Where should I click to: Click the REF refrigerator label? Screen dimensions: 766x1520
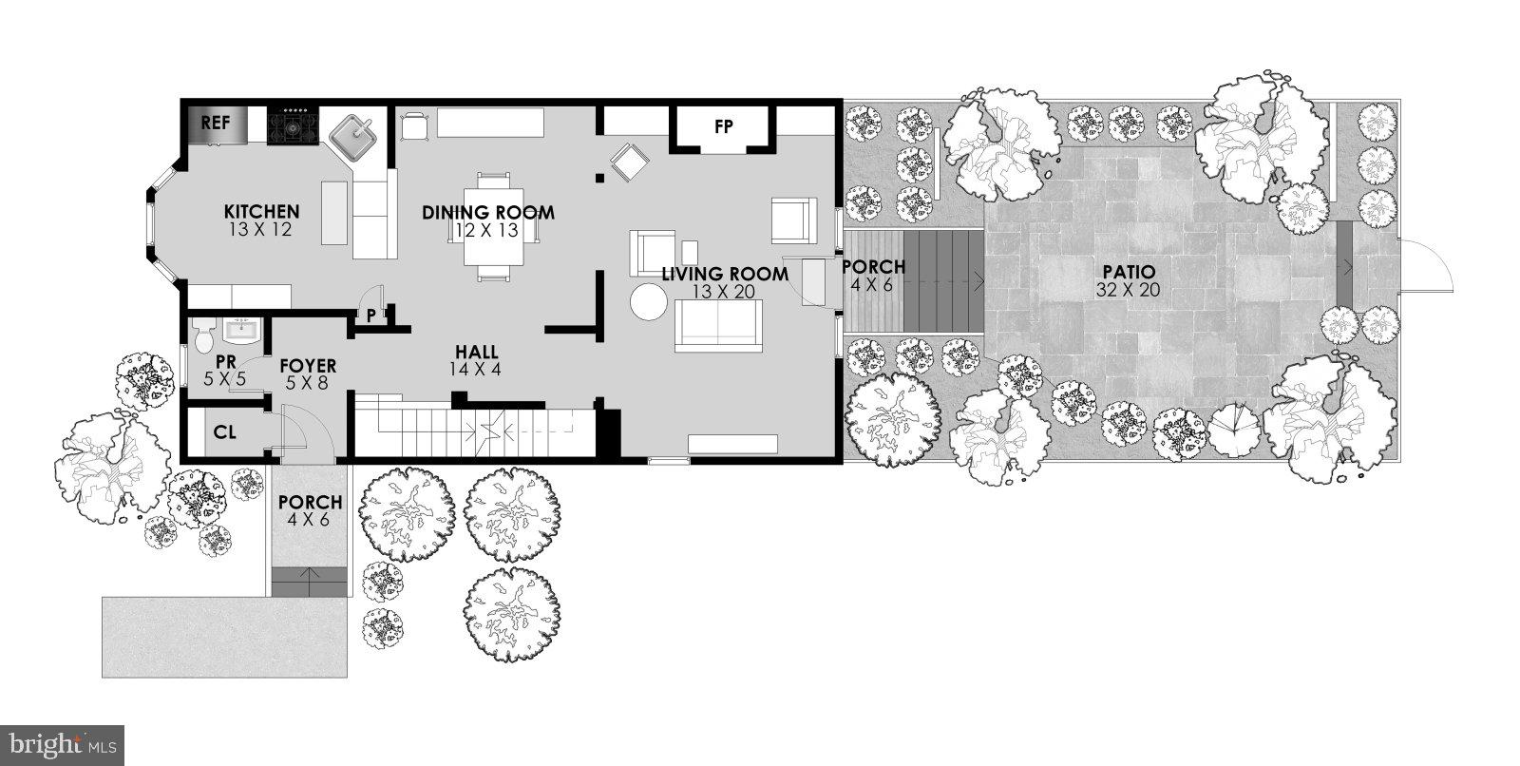click(216, 123)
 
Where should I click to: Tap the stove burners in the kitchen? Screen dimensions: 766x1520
click(293, 125)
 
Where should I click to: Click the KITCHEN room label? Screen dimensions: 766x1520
click(262, 211)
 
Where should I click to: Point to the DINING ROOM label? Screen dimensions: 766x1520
click(488, 212)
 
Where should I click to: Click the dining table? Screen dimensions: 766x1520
click(494, 227)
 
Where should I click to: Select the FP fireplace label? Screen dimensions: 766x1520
click(724, 125)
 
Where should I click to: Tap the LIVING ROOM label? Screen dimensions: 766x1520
click(725, 275)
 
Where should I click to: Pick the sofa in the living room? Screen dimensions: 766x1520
click(719, 325)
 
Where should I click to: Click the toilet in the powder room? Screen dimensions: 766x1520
click(202, 336)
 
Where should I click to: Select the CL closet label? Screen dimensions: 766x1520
click(224, 432)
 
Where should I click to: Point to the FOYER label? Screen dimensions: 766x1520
click(307, 366)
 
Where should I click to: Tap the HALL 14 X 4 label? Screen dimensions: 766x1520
click(476, 359)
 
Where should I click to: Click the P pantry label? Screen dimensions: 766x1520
click(370, 315)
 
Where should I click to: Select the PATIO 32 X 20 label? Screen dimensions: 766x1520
click(1128, 281)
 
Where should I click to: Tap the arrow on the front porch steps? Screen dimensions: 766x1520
click(308, 573)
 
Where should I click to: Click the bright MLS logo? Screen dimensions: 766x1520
click(62, 742)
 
